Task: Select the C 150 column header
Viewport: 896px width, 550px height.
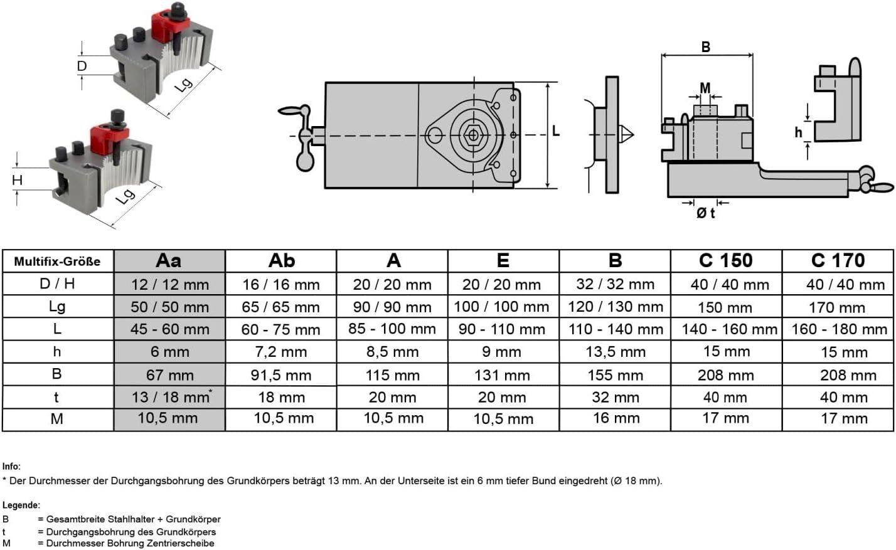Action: tap(726, 261)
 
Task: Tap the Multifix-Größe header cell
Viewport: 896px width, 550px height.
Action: tap(58, 262)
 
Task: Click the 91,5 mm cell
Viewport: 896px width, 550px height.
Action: tap(281, 375)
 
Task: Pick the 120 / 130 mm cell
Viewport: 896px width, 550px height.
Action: tap(615, 307)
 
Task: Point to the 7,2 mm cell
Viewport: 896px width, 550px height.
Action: tap(281, 352)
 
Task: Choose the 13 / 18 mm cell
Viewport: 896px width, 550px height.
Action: tap(170, 397)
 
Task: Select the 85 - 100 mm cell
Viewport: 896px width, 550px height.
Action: tap(392, 329)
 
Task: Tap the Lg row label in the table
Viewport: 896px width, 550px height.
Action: tap(57, 307)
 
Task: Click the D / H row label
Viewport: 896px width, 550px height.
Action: tap(57, 284)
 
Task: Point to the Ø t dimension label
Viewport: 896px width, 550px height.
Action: tap(705, 213)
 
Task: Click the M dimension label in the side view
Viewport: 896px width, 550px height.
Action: tap(705, 88)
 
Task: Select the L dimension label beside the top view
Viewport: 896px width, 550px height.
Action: tap(555, 130)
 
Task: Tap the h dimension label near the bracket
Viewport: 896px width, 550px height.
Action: tap(798, 132)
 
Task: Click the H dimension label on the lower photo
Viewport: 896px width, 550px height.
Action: tap(17, 180)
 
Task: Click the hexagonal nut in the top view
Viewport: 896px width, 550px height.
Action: tap(473, 135)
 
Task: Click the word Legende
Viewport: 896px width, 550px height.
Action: tap(21, 505)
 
